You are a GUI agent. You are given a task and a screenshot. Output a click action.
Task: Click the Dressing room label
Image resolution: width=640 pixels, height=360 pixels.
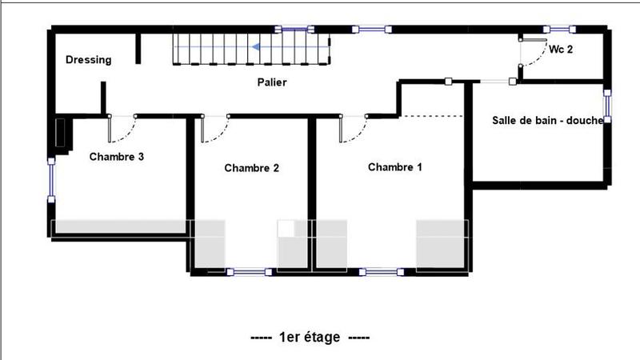pos(88,60)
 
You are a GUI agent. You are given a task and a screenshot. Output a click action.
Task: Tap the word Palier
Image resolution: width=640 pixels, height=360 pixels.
pos(272,82)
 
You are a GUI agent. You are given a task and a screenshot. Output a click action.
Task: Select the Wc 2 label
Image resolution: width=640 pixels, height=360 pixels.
pos(561,49)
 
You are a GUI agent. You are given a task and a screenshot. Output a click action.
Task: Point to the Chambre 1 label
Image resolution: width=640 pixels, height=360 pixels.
pos(395,167)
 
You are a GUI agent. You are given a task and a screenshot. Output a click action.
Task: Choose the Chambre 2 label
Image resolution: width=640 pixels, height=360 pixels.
pos(251,168)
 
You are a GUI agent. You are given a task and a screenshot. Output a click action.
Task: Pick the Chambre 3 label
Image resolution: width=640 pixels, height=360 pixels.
pos(117,157)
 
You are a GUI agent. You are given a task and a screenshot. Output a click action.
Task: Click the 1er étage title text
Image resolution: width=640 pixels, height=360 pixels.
pos(309,338)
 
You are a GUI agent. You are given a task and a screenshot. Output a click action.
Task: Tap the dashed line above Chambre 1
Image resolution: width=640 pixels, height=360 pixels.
pos(432,117)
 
